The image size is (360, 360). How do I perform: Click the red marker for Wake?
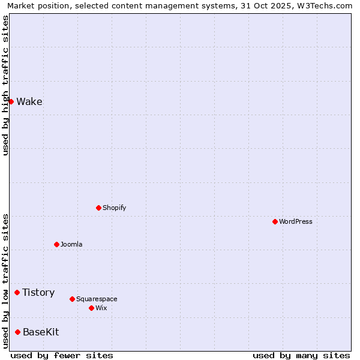[x=11, y=101]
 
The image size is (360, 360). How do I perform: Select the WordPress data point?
[x=275, y=221]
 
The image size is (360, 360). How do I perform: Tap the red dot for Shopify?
[x=98, y=208]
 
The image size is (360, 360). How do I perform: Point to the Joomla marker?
[x=56, y=244]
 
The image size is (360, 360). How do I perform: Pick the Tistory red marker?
[x=17, y=292]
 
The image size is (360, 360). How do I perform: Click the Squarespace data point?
[x=72, y=299]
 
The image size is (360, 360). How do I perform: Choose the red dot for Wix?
[x=91, y=308]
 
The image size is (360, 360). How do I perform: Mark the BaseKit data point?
[x=17, y=332]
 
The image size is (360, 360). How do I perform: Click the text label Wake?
[x=29, y=101]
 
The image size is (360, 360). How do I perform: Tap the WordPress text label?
[x=296, y=221]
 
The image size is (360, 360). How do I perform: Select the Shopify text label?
[x=114, y=208]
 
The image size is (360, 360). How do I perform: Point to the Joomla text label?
[x=71, y=244]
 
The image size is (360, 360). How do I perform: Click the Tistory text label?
[x=38, y=292]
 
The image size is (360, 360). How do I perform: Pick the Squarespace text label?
[x=97, y=299]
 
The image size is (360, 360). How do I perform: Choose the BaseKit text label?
[x=41, y=332]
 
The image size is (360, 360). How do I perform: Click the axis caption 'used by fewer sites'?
[x=62, y=355]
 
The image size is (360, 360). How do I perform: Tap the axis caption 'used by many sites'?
[x=301, y=355]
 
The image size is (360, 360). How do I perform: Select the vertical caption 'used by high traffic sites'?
[x=5, y=85]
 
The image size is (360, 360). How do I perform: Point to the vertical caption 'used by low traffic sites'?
[x=5, y=280]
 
